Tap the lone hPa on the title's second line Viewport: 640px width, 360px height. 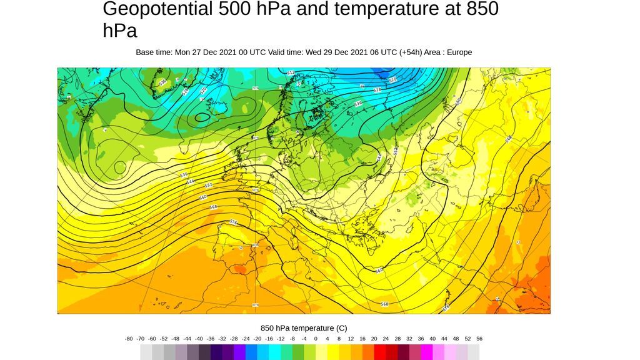pyautogui.click(x=120, y=31)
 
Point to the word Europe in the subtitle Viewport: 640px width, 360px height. pyautogui.click(x=459, y=52)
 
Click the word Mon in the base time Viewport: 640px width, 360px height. pyautogui.click(x=183, y=52)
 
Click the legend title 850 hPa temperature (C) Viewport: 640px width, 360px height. pyautogui.click(x=304, y=328)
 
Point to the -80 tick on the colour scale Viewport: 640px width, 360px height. pyautogui.click(x=129, y=339)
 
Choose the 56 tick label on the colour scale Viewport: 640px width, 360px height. pyautogui.click(x=479, y=339)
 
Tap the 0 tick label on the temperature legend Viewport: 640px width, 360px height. pyautogui.click(x=316, y=339)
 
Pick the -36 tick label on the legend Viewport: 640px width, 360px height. pyautogui.click(x=211, y=339)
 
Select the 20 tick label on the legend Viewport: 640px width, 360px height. pyautogui.click(x=374, y=339)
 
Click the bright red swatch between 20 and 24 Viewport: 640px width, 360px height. pyautogui.click(x=380, y=352)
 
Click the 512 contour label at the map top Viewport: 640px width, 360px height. pyautogui.click(x=291, y=73)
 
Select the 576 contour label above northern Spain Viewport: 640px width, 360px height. pyautogui.click(x=233, y=222)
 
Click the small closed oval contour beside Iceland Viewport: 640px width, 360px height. pyautogui.click(x=202, y=117)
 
